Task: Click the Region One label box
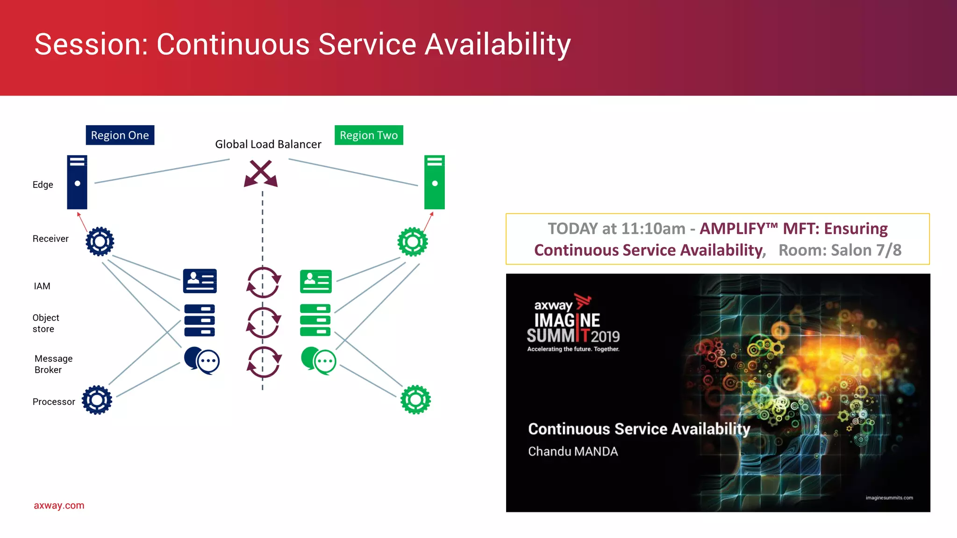pos(120,135)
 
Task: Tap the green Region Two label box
pos(369,135)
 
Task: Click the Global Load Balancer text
pos(268,144)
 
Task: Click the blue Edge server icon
pos(77,182)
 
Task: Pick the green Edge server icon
pos(434,182)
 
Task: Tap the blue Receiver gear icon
pos(100,241)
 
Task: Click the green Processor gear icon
pos(415,400)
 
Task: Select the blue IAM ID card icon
pos(200,281)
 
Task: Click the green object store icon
pos(315,320)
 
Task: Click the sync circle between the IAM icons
pos(264,283)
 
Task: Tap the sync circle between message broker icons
pos(264,362)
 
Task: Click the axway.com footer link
pos(59,505)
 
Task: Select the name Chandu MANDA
pos(573,452)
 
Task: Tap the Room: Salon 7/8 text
pos(840,250)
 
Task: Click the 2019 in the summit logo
pos(605,336)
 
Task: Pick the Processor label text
pos(54,402)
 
